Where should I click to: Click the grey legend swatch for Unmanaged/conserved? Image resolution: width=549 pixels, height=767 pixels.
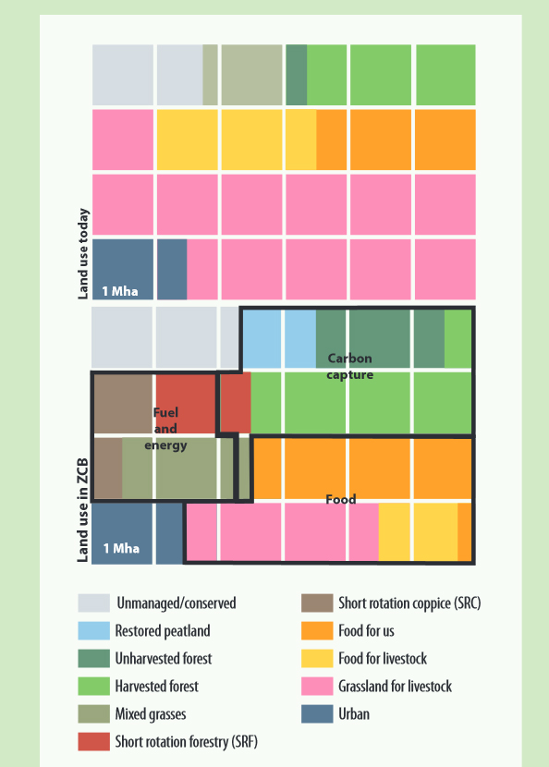[x=92, y=603]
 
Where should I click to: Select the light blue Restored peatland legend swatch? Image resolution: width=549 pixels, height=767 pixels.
[x=92, y=631]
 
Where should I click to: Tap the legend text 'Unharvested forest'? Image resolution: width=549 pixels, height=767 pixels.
[x=163, y=659]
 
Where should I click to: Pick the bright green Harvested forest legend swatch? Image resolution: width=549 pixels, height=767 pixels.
[x=92, y=687]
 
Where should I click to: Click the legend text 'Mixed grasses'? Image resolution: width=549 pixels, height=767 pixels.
[x=152, y=714]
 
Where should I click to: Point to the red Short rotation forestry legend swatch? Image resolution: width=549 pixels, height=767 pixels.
[x=92, y=741]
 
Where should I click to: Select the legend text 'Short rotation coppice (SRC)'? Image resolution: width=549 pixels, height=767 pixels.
[x=409, y=603]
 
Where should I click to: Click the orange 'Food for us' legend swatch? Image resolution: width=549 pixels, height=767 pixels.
[x=316, y=631]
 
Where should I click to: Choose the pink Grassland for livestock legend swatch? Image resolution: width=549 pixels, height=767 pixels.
[x=316, y=687]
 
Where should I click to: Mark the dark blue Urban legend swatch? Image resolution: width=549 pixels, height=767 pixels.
[x=316, y=714]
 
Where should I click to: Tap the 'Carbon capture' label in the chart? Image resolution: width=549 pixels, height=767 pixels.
[x=349, y=366]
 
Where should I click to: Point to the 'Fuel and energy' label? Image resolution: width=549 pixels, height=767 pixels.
[x=165, y=429]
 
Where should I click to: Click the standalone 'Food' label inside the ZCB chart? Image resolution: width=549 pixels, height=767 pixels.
[x=340, y=500]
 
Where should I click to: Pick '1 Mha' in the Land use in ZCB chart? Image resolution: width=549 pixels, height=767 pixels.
[x=120, y=548]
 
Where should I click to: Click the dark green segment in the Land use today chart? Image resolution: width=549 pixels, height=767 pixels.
[x=296, y=62]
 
